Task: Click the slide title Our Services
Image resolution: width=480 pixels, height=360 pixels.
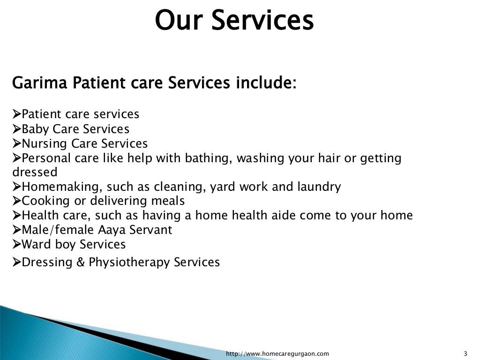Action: (x=234, y=20)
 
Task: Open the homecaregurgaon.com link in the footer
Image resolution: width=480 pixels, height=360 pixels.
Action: (x=277, y=353)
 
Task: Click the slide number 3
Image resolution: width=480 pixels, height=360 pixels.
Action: (x=465, y=353)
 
